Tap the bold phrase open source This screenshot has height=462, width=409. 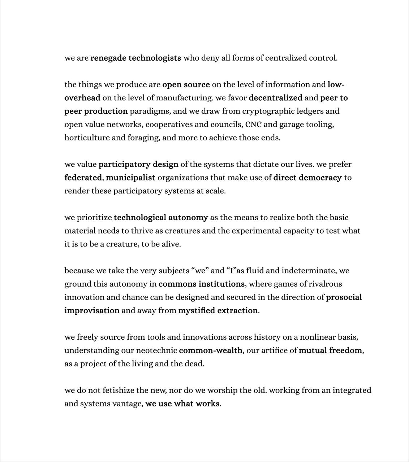point(186,85)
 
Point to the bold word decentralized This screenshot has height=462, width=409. point(276,98)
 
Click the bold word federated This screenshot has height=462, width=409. point(83,178)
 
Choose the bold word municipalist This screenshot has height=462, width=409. point(130,178)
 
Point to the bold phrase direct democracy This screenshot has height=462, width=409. point(307,178)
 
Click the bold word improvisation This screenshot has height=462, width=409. point(92,311)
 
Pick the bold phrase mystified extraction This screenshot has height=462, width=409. point(218,311)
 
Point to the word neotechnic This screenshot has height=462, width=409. point(156,350)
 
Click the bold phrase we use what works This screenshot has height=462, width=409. point(182,404)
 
